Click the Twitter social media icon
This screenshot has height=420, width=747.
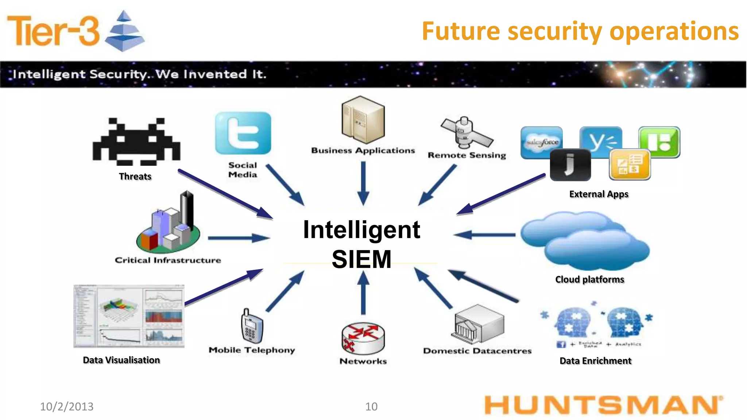tap(243, 133)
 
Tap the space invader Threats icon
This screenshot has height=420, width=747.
tap(136, 141)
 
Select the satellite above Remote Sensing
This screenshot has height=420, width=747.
tap(466, 133)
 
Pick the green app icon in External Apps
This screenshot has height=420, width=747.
tap(659, 141)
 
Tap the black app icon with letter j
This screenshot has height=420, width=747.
tap(570, 165)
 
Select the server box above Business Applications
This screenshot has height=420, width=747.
tap(363, 120)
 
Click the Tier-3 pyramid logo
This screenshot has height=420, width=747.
tap(124, 31)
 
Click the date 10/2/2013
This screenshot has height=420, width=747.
tap(67, 406)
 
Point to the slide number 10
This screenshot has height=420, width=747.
tap(371, 406)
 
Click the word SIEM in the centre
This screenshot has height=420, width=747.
tap(361, 259)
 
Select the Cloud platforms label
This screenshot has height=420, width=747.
tap(589, 279)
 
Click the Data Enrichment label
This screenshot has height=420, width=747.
tap(595, 361)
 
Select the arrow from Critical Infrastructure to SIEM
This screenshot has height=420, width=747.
tap(239, 238)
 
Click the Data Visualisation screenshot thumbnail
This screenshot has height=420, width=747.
tap(129, 316)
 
